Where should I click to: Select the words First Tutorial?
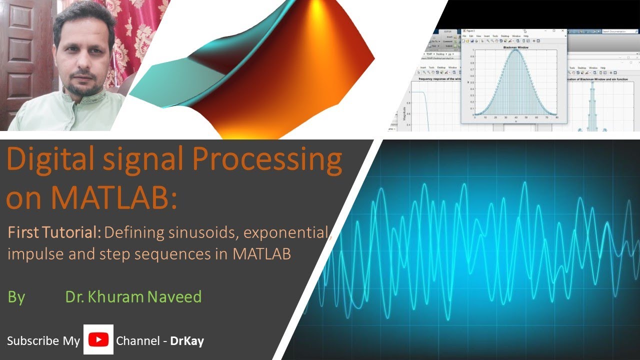click(54, 232)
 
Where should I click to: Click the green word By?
click(16, 297)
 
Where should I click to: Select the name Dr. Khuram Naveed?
click(133, 296)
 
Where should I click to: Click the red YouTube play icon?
click(98, 340)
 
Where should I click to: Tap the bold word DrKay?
click(187, 341)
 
